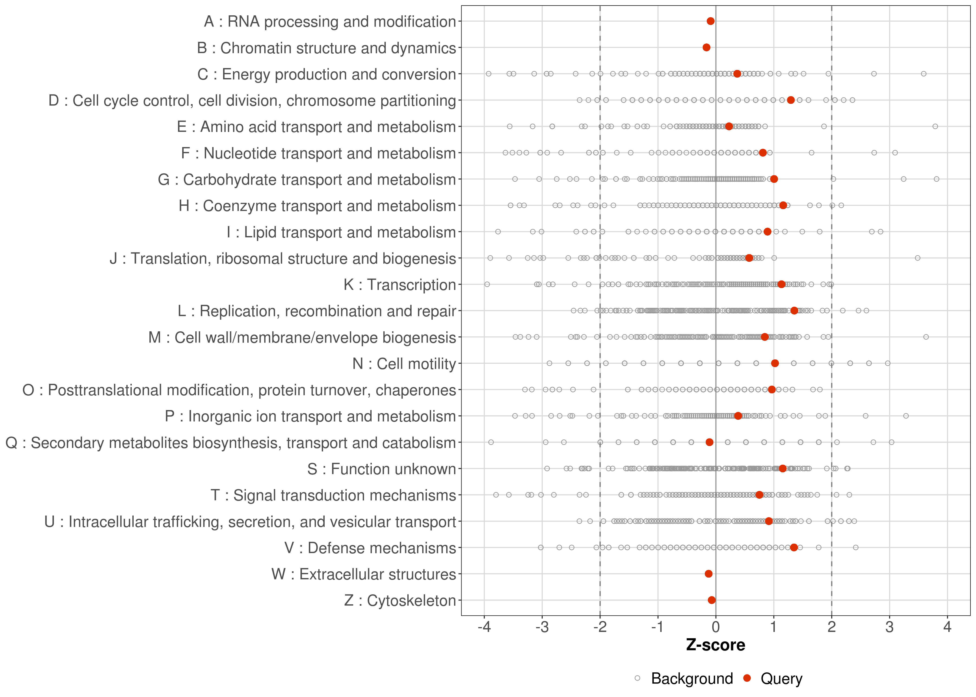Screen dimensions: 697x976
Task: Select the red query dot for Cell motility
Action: tap(775, 363)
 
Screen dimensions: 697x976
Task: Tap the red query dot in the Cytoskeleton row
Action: tap(712, 600)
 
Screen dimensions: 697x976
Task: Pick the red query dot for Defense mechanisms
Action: tap(794, 547)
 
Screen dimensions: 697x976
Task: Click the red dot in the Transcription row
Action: tap(781, 284)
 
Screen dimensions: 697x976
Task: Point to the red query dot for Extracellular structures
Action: tap(709, 574)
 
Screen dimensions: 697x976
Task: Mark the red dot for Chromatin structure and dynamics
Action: tap(706, 47)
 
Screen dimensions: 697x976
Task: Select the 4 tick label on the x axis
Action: tap(947, 628)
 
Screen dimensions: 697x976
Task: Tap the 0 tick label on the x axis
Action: tap(716, 628)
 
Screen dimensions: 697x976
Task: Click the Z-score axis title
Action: tap(716, 645)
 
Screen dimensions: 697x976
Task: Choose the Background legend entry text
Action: tap(692, 679)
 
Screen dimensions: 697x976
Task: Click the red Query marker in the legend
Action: tap(747, 678)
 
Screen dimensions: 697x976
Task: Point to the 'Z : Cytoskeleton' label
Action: tap(400, 600)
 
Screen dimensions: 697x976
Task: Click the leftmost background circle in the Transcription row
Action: tap(487, 284)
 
